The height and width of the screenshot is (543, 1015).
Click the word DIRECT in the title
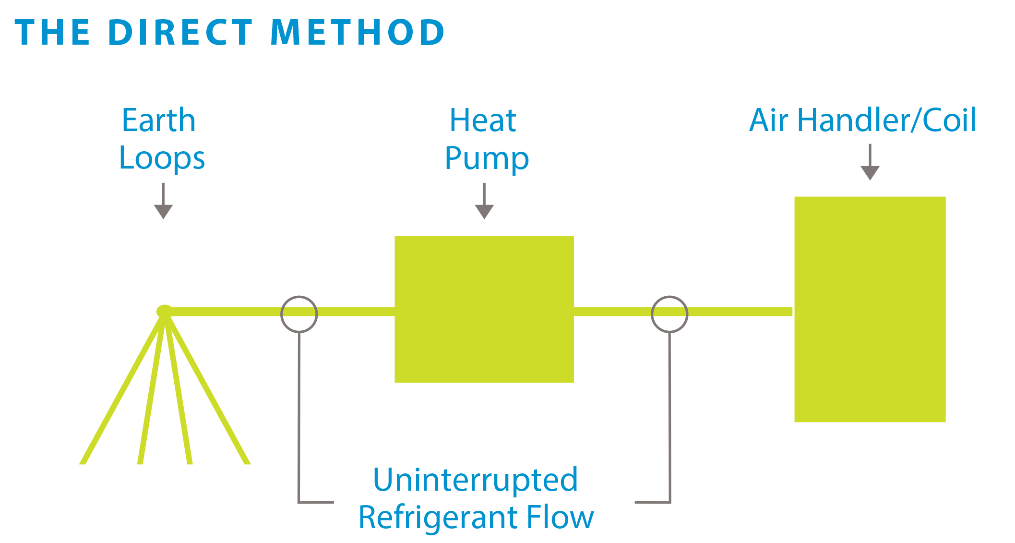coord(180,33)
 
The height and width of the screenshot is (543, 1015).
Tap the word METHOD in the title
coord(358,33)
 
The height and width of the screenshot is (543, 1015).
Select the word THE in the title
coord(53,33)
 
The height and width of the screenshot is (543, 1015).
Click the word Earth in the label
coord(159,121)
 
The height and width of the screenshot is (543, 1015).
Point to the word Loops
coord(162,159)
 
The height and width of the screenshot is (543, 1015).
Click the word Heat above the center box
coord(482,121)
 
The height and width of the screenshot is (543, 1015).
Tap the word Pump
coord(486,159)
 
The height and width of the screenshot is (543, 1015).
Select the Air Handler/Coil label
coord(862,121)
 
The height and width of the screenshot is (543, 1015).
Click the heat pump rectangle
coord(484,309)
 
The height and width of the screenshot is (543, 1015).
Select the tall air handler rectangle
coord(870,309)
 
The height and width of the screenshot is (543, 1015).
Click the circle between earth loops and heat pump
coord(299,314)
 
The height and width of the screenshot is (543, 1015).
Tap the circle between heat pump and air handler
coord(669,314)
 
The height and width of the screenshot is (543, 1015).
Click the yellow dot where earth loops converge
coord(164,311)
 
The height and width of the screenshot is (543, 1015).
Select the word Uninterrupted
coord(475,480)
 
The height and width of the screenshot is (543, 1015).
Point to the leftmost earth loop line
coord(120,394)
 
